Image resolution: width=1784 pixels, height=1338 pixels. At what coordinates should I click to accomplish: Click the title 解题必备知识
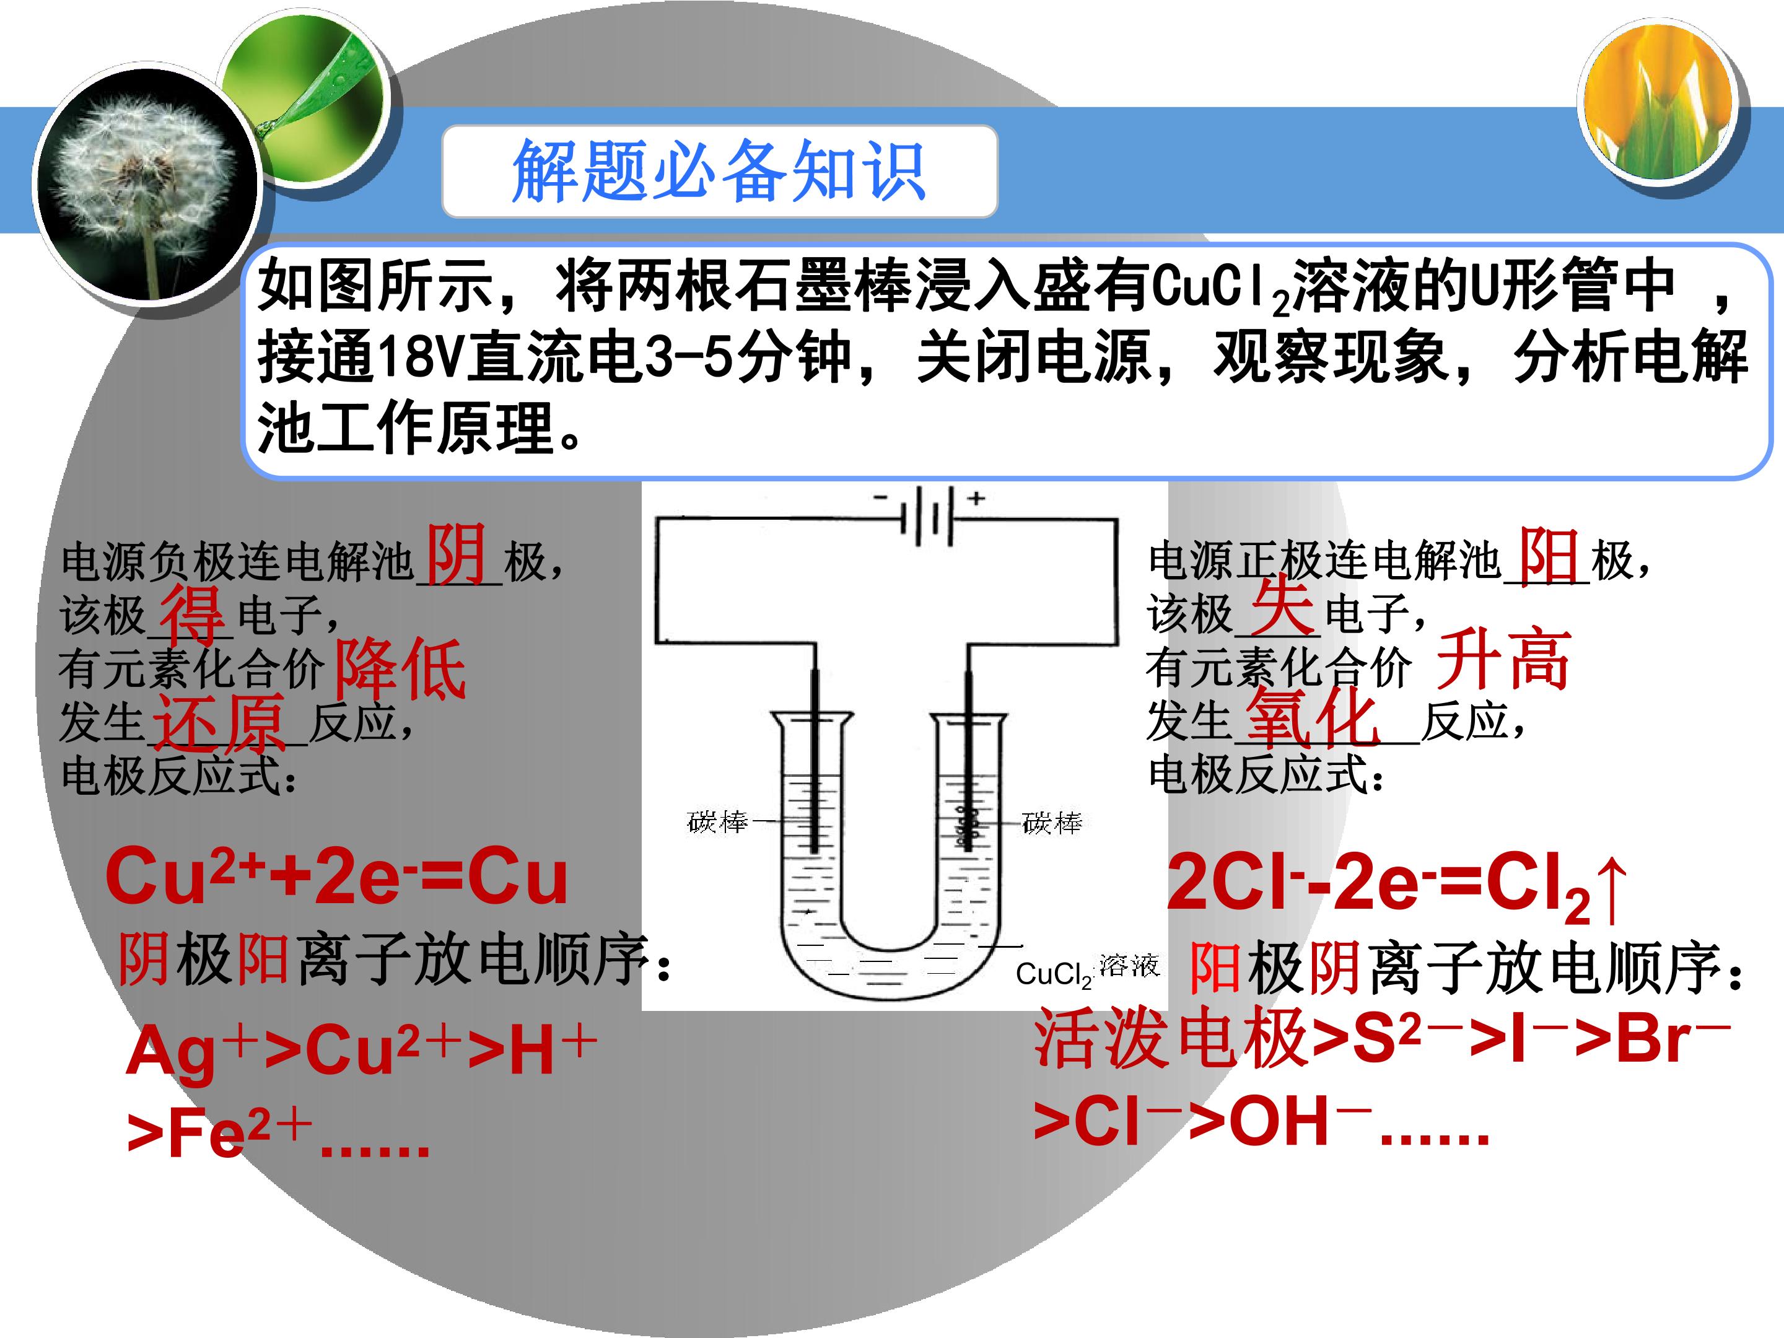click(719, 170)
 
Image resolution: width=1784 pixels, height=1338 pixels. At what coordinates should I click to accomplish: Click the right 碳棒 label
click(1052, 822)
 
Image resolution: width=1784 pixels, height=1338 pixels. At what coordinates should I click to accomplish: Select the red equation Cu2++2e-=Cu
click(336, 876)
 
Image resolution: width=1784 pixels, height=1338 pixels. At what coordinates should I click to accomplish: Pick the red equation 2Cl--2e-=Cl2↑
click(1396, 886)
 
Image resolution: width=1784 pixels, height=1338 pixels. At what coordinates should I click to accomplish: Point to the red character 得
click(193, 614)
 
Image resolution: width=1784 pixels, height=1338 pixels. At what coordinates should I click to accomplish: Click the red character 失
click(1282, 606)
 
